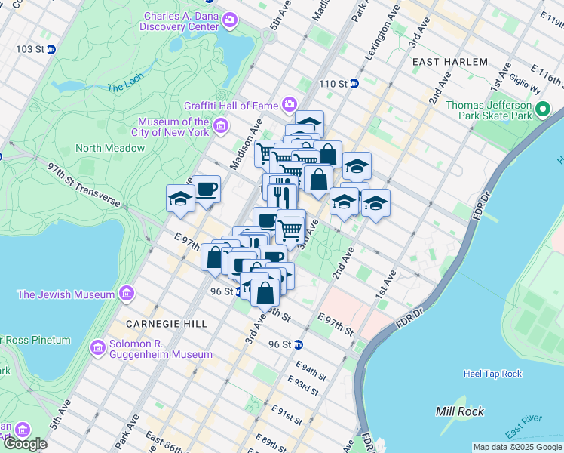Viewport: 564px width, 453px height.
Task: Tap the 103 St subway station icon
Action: click(x=51, y=49)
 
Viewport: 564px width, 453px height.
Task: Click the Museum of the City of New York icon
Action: click(x=221, y=125)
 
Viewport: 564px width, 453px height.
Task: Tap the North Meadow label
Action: click(x=109, y=148)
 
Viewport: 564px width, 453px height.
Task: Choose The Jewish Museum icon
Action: click(x=126, y=292)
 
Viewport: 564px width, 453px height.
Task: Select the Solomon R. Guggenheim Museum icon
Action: click(x=97, y=347)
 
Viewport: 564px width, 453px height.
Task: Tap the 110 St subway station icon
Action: click(x=353, y=83)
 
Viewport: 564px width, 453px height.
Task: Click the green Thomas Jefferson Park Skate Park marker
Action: click(x=542, y=112)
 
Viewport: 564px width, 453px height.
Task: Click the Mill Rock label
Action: click(x=459, y=411)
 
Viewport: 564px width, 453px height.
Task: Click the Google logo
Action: click(x=26, y=443)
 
